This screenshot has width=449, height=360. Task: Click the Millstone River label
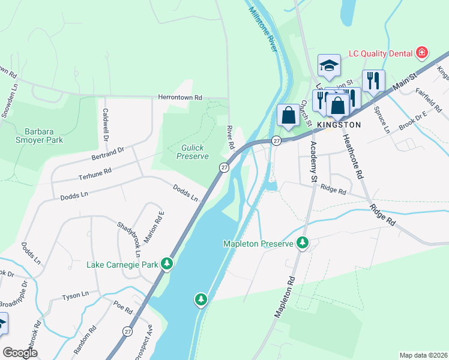pos(262,28)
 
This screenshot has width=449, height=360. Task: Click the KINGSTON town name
pos(339,125)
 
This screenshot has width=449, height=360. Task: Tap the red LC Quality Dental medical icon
pos(423,53)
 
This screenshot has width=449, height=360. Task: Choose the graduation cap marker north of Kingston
pos(329,65)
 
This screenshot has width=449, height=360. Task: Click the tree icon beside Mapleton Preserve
pos(304,243)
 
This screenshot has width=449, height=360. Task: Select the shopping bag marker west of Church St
pos(289,114)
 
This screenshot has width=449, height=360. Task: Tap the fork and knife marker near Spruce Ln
pos(373,80)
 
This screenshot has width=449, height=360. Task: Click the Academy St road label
pos(313,162)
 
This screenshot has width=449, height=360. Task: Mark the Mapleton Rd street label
pos(284,298)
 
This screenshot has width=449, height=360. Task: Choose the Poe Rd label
pos(123,307)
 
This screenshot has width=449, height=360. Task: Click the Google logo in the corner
pos(20,352)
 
